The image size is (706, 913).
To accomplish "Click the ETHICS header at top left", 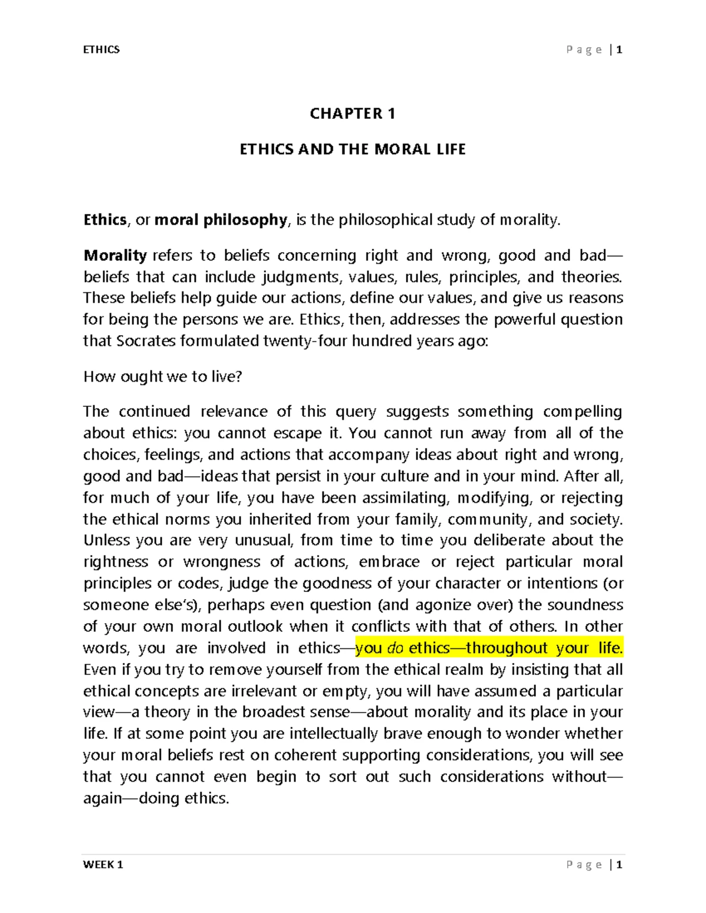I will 101,50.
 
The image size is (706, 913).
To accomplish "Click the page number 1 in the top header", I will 619,50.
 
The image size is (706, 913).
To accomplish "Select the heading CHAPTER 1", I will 352,113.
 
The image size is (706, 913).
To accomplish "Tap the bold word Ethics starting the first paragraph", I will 105,220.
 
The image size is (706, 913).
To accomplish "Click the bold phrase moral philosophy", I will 221,220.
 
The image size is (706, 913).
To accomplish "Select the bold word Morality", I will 115,255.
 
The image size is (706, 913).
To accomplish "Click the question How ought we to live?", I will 162,376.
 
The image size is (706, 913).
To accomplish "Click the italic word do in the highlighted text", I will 395,648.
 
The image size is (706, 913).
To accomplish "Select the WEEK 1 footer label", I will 103,864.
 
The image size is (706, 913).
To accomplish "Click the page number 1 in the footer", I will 619,864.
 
